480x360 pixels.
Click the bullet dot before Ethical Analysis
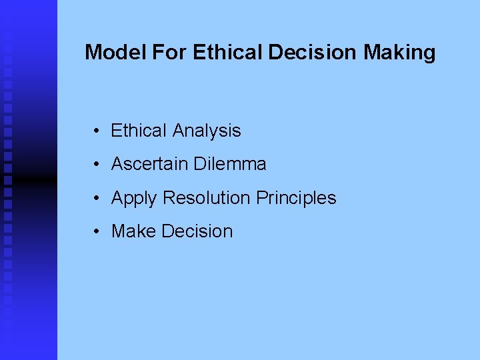[x=97, y=131]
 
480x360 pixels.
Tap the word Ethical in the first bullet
[x=139, y=131]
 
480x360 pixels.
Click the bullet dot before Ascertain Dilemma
[x=97, y=164]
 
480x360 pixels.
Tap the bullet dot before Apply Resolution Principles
[x=97, y=198]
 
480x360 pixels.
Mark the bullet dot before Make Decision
[x=97, y=231]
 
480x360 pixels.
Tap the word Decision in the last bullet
[x=197, y=231]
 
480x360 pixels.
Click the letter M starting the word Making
[x=371, y=52]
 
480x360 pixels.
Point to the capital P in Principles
[x=261, y=198]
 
